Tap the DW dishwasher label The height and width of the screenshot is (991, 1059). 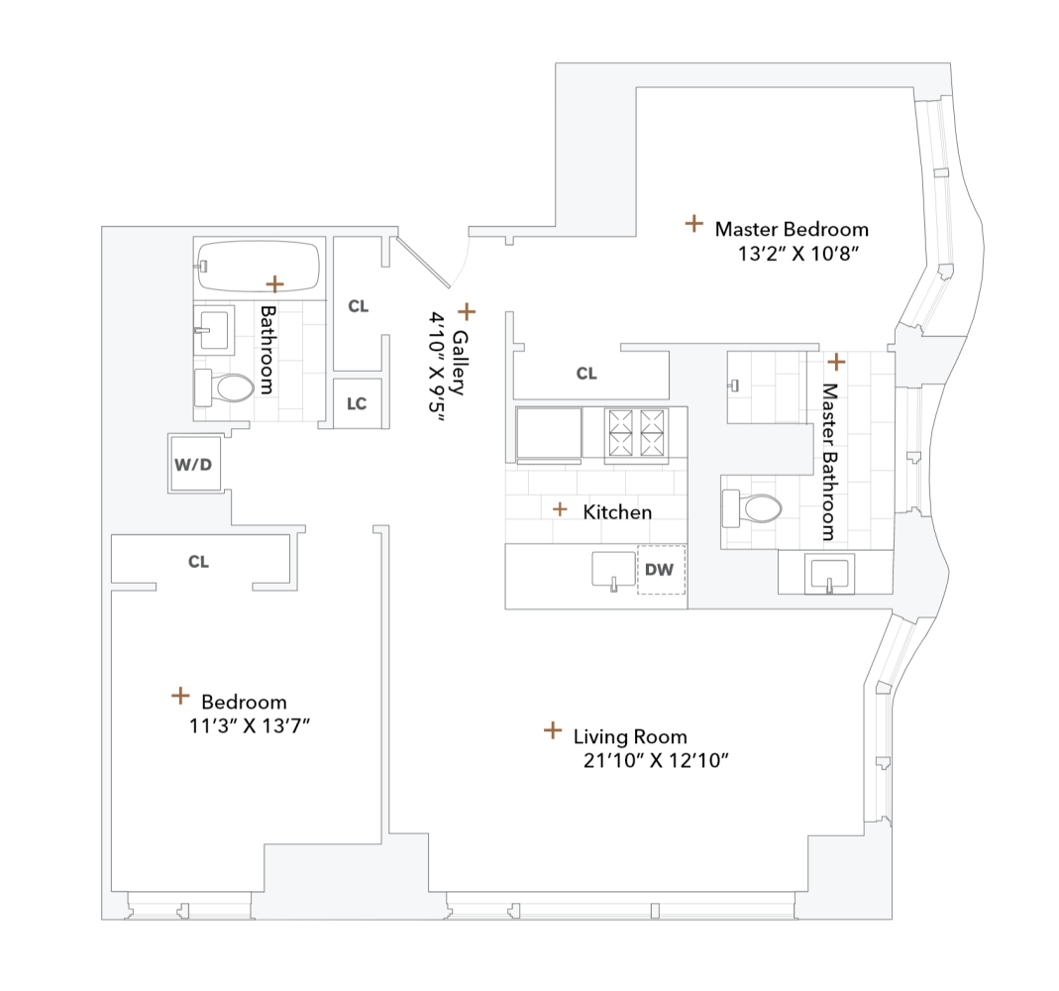(660, 570)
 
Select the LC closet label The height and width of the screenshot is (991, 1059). (357, 403)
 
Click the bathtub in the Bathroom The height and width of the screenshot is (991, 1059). (258, 266)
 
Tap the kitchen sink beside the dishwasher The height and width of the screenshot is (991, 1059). (613, 571)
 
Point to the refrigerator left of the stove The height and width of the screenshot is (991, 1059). (549, 434)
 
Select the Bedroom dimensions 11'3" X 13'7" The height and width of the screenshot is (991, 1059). (251, 725)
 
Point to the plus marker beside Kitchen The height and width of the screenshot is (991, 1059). (560, 509)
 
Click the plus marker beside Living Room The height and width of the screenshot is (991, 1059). (553, 730)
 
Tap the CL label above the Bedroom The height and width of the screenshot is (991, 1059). (199, 561)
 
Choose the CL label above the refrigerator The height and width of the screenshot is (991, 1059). (586, 374)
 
